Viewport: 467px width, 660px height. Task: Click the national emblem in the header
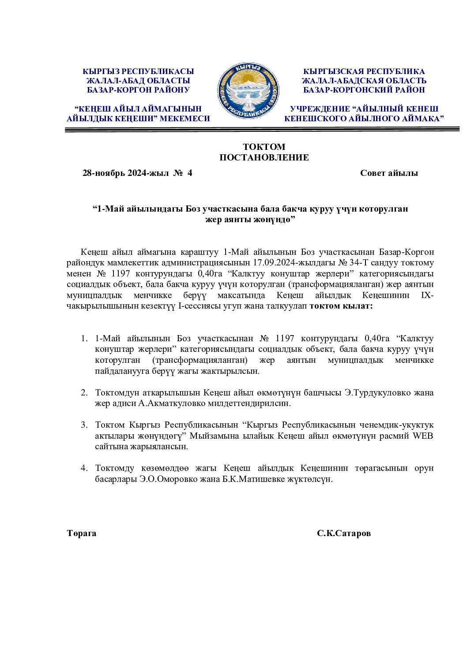[248, 90]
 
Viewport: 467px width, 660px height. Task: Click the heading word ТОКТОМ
[264, 147]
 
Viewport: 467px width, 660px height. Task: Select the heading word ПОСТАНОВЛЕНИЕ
[264, 157]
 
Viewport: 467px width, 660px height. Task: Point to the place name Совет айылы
[389, 173]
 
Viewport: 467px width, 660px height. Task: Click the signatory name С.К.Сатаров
[344, 533]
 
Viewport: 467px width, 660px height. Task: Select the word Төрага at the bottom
[82, 533]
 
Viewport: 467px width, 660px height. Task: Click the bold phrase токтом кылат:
[341, 306]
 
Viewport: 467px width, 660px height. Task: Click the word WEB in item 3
[423, 436]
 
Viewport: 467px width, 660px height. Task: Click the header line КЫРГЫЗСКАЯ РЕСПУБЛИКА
[364, 71]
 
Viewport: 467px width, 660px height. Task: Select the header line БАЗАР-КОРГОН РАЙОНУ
[138, 90]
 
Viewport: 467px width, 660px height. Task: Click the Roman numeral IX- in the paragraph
[428, 295]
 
